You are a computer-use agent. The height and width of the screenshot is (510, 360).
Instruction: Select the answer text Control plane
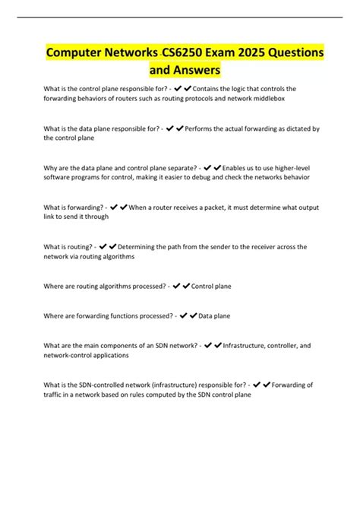coord(211,287)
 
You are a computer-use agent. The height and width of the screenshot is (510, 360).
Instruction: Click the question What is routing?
coord(68,247)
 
